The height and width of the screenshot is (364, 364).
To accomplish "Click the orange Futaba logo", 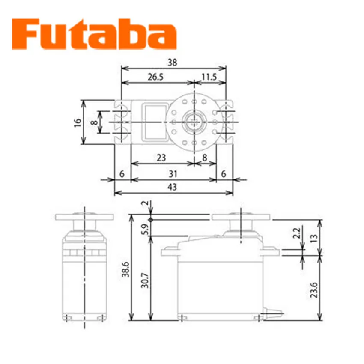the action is [x=94, y=34].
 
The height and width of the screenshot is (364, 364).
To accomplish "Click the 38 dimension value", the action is [x=173, y=63].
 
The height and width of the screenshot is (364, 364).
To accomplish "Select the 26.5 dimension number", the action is [x=155, y=77].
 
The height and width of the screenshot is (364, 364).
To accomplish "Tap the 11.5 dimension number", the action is [x=209, y=77].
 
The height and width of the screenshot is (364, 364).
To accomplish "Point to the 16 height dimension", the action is [x=78, y=122].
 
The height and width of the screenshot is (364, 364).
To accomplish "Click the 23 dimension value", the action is [x=161, y=158].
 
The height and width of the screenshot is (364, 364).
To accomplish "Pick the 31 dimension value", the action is [x=173, y=174].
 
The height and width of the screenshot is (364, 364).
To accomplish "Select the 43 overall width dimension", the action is [x=172, y=187].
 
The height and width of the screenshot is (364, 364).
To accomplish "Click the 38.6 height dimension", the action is [x=125, y=269].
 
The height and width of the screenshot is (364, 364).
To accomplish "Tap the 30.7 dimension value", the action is [x=145, y=280].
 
